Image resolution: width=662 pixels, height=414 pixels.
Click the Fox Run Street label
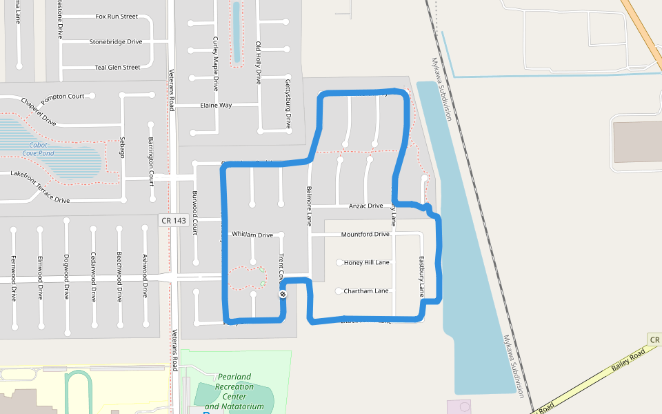point(117,16)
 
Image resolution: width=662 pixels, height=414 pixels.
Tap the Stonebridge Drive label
point(115,41)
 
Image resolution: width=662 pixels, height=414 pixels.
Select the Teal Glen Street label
point(117,67)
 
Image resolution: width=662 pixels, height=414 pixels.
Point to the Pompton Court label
point(62,97)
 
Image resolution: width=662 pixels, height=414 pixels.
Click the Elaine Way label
point(216,105)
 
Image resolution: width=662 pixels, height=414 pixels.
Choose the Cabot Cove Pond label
point(38,149)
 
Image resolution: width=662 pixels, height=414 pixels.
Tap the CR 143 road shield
point(172,220)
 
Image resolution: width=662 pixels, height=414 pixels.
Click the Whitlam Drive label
point(252,235)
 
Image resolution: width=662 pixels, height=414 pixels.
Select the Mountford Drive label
point(365,234)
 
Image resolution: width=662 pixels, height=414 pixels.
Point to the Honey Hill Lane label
point(366,262)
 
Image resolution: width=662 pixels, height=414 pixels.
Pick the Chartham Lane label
point(365,290)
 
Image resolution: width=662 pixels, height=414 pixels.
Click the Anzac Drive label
point(365,206)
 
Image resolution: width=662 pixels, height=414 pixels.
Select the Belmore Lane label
point(309,206)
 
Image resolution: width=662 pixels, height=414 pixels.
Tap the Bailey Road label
point(628,359)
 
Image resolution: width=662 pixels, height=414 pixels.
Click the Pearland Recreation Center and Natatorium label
point(234,392)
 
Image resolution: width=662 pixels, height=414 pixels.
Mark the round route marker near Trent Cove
point(282,295)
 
